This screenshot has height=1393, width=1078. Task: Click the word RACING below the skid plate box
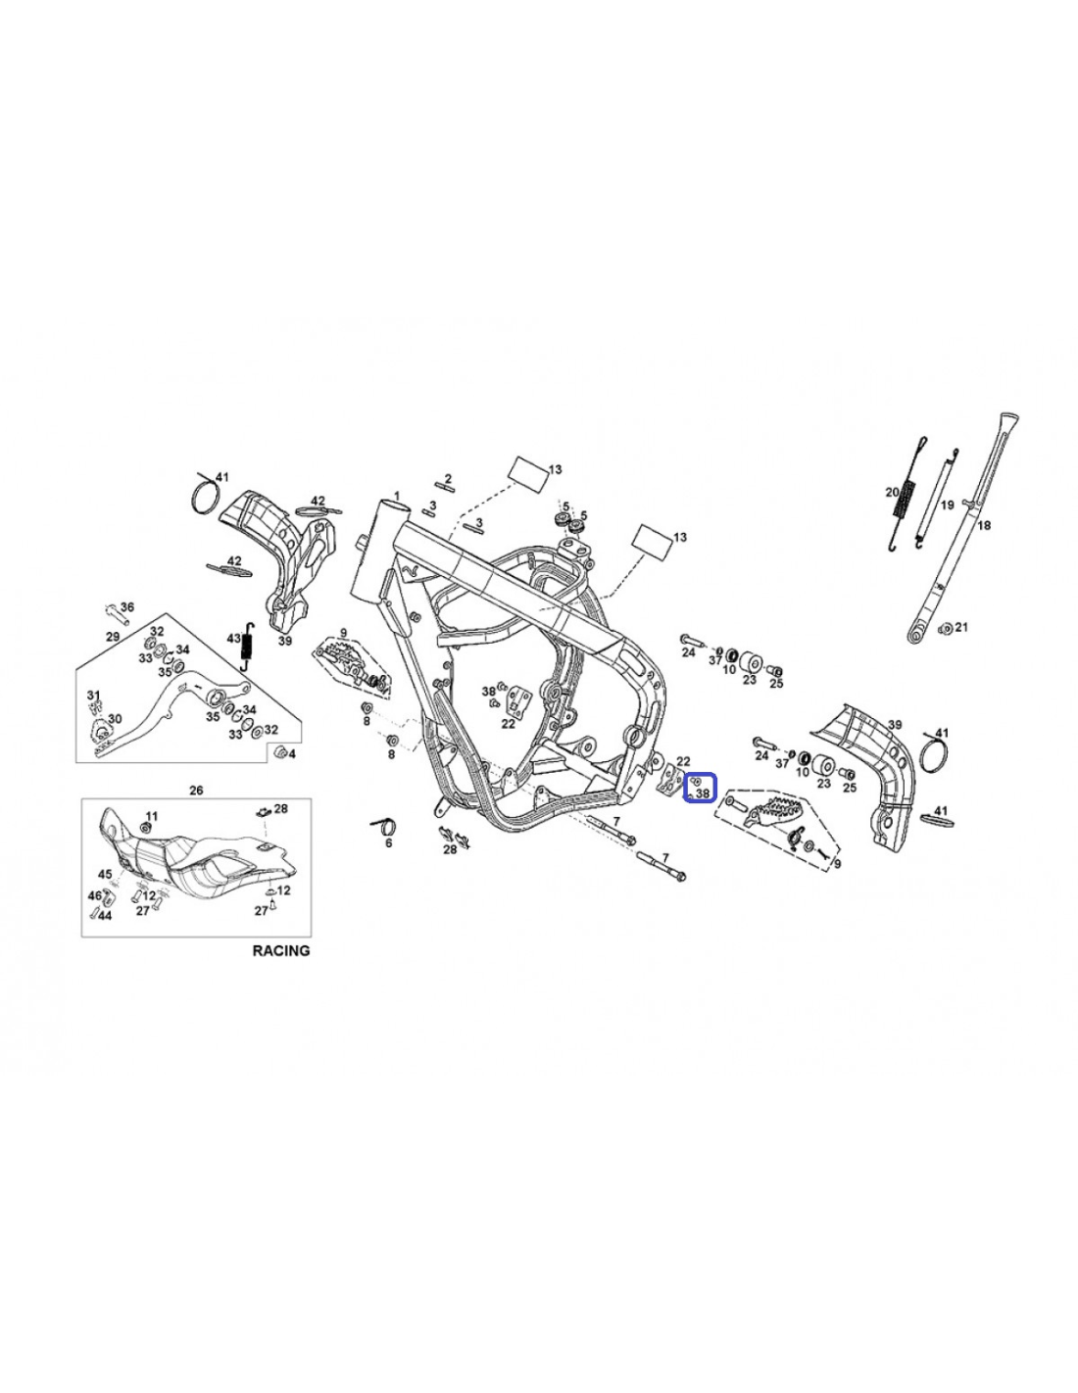(x=281, y=950)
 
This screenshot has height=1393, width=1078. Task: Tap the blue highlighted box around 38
(x=699, y=788)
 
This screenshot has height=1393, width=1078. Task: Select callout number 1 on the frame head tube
(x=397, y=497)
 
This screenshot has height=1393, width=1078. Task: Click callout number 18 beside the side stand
(x=984, y=526)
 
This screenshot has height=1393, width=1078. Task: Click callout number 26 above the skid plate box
(x=196, y=792)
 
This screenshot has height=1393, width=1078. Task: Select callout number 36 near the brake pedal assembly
(x=127, y=607)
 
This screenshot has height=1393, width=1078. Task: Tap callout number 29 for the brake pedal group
(x=113, y=637)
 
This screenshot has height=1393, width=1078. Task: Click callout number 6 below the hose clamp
(x=388, y=843)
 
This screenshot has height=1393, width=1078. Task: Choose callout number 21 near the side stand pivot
(x=960, y=627)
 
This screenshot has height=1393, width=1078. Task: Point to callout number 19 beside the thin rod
(x=948, y=505)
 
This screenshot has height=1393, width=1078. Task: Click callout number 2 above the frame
(x=448, y=478)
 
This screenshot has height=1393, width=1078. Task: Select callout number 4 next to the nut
(x=292, y=754)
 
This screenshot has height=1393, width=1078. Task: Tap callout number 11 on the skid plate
(x=151, y=816)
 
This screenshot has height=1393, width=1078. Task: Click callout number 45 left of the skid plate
(x=105, y=875)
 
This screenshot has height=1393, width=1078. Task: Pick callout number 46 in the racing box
(x=94, y=895)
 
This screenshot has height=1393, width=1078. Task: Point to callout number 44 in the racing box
(x=105, y=916)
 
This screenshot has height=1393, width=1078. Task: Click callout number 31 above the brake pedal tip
(x=94, y=696)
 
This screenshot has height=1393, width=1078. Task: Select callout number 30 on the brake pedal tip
(x=114, y=719)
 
